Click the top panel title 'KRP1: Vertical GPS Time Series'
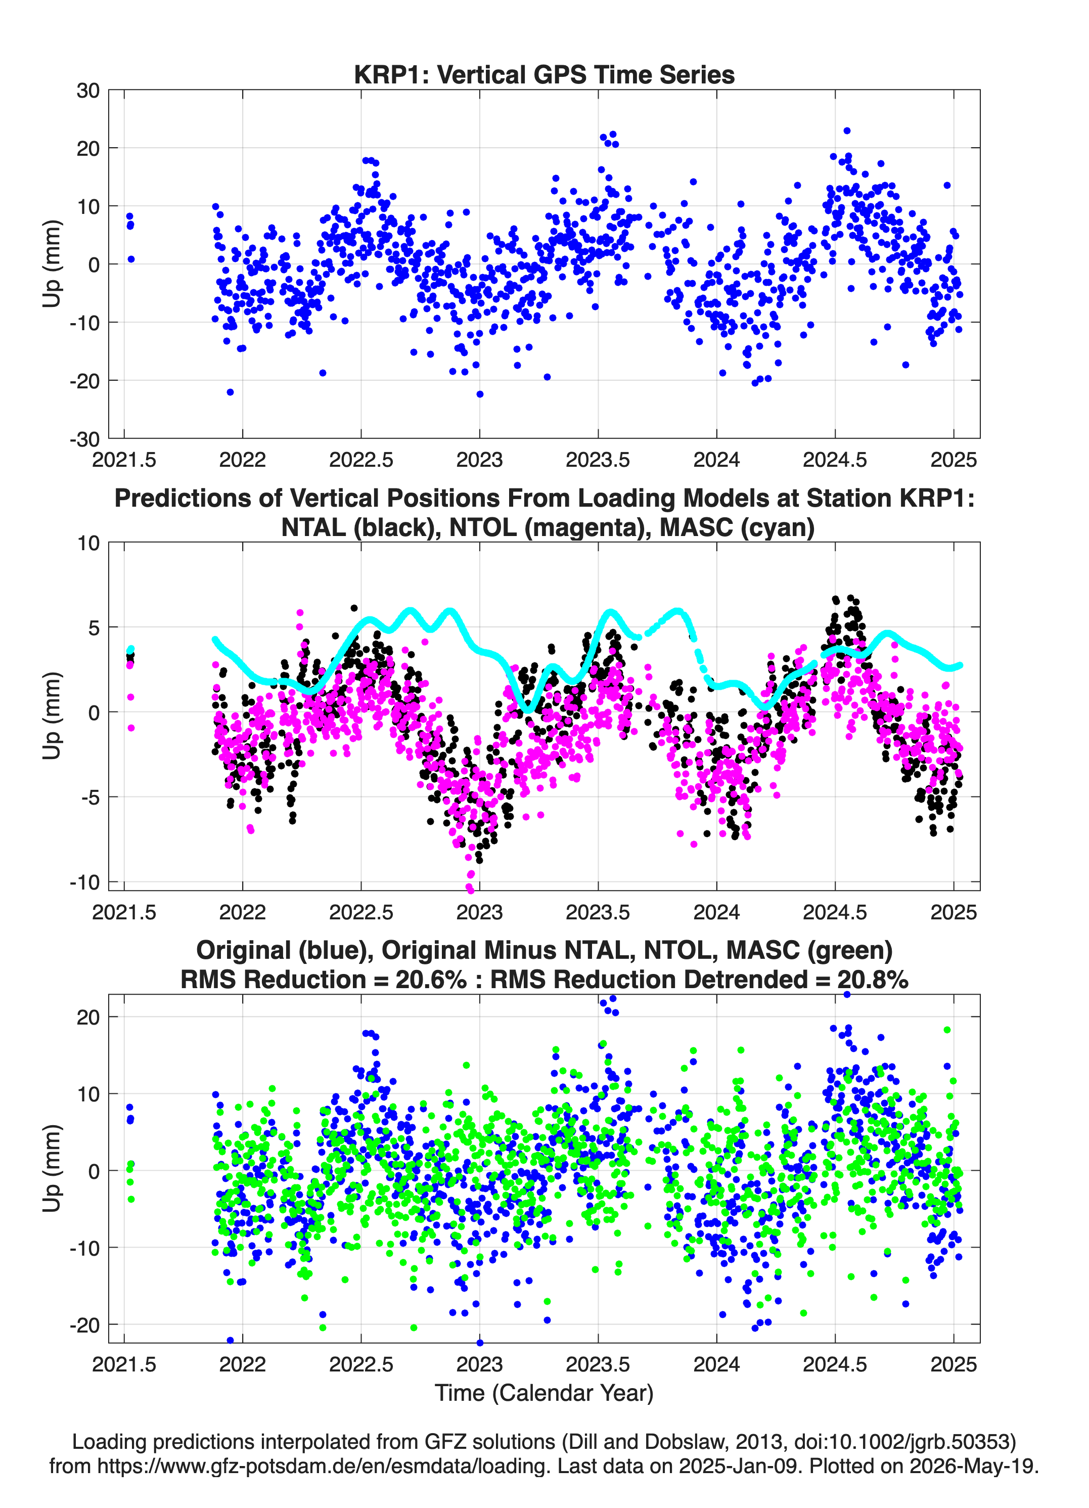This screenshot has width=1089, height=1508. point(544,74)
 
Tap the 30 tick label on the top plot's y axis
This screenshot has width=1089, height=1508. point(88,91)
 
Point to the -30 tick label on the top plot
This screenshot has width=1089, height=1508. point(84,439)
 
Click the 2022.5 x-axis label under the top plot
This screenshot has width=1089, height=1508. point(361,460)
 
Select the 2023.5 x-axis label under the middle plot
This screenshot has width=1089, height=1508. point(598,912)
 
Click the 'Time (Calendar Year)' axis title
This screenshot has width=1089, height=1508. point(544,1393)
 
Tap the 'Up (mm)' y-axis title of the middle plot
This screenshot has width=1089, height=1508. point(52,716)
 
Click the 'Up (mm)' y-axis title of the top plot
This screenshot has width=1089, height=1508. point(52,263)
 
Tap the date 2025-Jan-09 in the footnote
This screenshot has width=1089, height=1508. point(738,1466)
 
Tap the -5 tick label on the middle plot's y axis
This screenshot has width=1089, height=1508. point(89,797)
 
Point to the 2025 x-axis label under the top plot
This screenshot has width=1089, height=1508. point(954,460)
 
